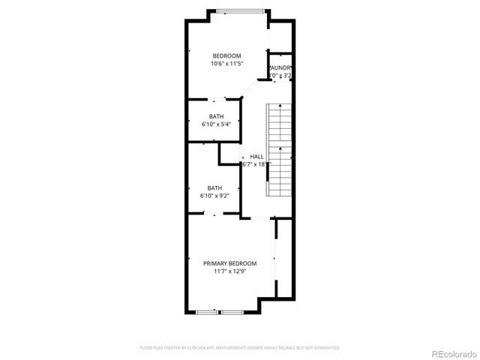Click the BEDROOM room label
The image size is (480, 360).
pyautogui.click(x=226, y=56)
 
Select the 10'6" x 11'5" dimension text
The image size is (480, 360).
pyautogui.click(x=226, y=64)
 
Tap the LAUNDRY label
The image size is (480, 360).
pyautogui.click(x=280, y=67)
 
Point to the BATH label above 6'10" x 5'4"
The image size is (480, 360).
pyautogui.click(x=216, y=116)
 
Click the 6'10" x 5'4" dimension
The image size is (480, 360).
pyautogui.click(x=216, y=124)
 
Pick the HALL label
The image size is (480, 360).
pyautogui.click(x=256, y=156)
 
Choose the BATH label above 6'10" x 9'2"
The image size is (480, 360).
pyautogui.click(x=215, y=188)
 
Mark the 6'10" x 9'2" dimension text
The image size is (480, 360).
pyautogui.click(x=215, y=196)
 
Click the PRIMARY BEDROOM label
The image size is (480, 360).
pyautogui.click(x=230, y=263)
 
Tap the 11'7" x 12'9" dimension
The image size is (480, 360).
pyautogui.click(x=230, y=272)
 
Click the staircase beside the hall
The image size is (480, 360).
pyautogui.click(x=279, y=150)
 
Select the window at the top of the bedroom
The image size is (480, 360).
pyautogui.click(x=241, y=10)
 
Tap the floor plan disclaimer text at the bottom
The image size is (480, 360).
pyautogui.click(x=240, y=348)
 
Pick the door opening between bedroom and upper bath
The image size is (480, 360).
pyautogui.click(x=216, y=98)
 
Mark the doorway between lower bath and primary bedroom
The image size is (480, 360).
pyautogui.click(x=216, y=215)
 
